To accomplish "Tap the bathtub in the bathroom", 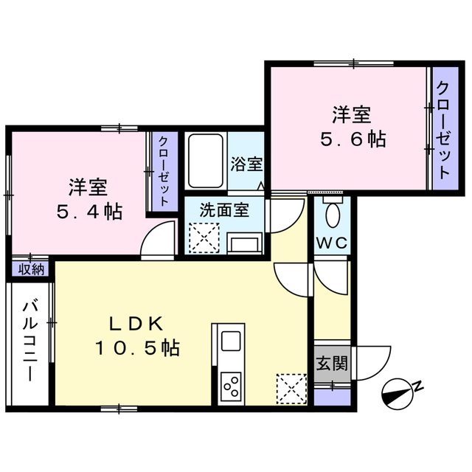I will pyautogui.click(x=206, y=162).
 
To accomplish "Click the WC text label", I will pyautogui.click(x=331, y=243).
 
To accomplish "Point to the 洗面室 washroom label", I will pyautogui.click(x=224, y=209).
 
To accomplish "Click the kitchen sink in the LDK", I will pyautogui.click(x=231, y=341).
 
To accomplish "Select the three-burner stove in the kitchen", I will pyautogui.click(x=231, y=385).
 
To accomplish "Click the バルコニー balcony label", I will pyautogui.click(x=30, y=339).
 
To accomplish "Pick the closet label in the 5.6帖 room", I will pyautogui.click(x=442, y=130).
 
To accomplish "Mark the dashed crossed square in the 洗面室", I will pyautogui.click(x=201, y=238).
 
